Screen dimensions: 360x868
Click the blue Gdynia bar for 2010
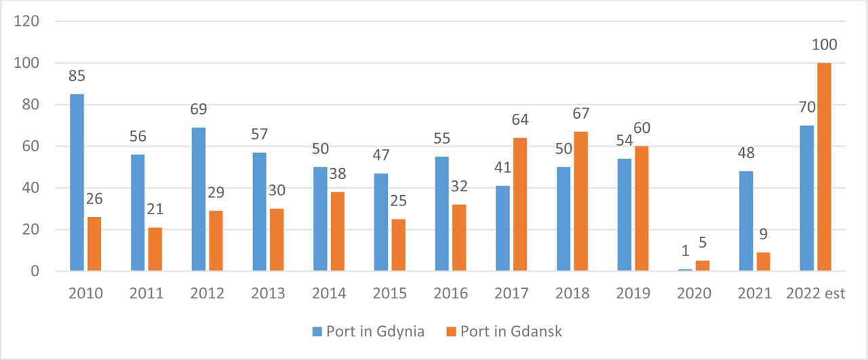(x=77, y=182)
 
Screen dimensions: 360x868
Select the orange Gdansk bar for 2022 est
(x=824, y=167)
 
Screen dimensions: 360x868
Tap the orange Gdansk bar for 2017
(x=520, y=204)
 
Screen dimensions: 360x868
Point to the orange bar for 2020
(x=703, y=266)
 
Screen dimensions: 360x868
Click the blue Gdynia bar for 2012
(x=199, y=199)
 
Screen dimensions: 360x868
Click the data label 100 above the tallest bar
(x=824, y=45)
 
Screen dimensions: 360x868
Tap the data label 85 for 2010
(x=77, y=76)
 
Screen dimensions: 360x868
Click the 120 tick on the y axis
(x=28, y=21)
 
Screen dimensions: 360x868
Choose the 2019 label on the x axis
(x=633, y=294)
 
